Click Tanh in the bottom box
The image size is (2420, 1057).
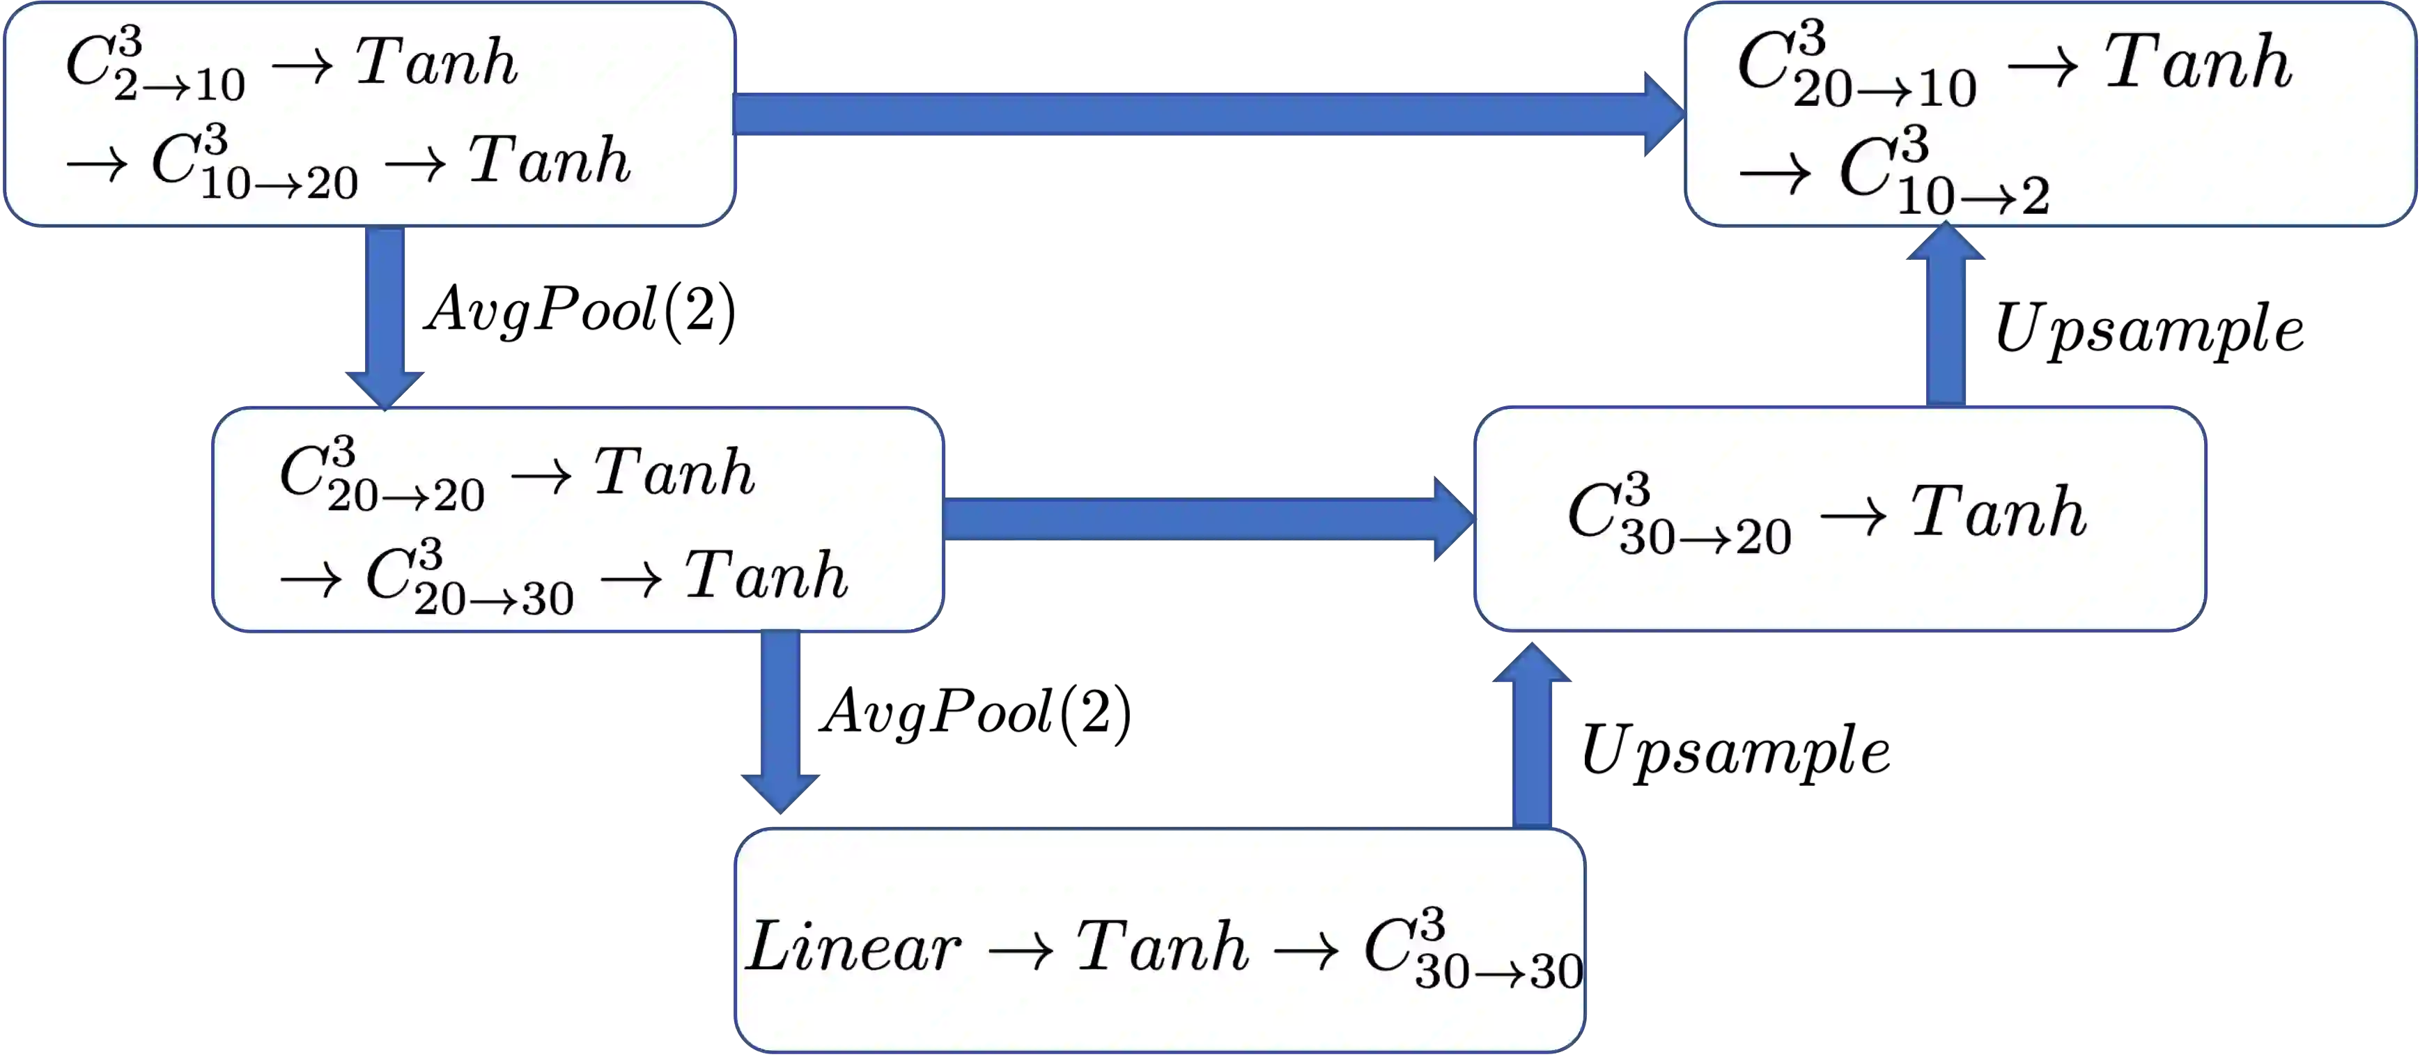coord(1162,947)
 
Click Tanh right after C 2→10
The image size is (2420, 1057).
coord(437,63)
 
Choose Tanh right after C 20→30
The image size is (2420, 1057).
coord(766,576)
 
